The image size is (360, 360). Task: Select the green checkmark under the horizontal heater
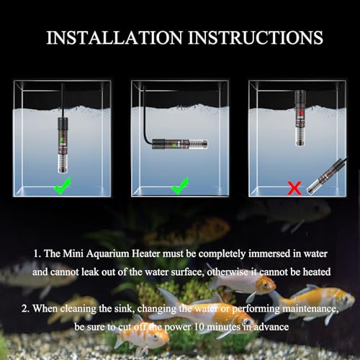point(180,188)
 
